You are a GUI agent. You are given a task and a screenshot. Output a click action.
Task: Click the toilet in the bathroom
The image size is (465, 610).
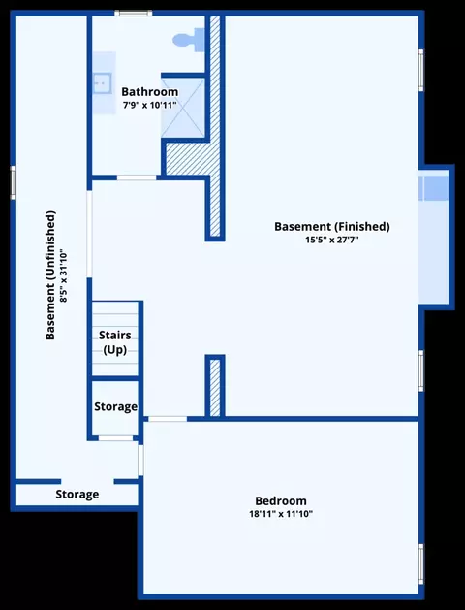click(x=188, y=40)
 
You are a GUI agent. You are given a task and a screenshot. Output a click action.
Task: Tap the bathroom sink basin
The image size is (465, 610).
click(x=102, y=83)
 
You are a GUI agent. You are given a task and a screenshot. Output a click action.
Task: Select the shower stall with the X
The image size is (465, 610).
click(x=183, y=108)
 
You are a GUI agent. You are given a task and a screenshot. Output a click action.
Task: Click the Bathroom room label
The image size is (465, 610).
click(x=150, y=92)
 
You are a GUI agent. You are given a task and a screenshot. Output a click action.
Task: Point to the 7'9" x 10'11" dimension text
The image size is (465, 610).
click(x=150, y=105)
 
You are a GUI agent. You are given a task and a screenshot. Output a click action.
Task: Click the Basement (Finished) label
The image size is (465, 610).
click(x=332, y=226)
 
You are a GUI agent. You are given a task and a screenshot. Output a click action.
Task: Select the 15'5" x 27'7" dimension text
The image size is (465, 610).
click(x=332, y=240)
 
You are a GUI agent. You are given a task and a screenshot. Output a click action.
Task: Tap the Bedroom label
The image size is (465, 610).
click(x=281, y=500)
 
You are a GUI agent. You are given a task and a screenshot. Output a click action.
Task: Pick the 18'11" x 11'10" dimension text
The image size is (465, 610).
click(x=281, y=514)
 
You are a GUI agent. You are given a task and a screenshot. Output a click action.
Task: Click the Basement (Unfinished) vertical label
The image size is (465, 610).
click(x=50, y=275)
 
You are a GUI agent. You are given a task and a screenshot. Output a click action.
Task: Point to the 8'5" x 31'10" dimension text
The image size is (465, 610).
click(x=63, y=276)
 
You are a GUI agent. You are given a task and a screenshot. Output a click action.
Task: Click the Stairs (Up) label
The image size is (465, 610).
click(x=115, y=342)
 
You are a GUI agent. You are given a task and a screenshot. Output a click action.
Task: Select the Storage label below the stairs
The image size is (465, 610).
click(x=115, y=406)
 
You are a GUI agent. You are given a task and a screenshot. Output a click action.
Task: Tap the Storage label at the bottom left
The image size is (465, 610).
click(x=77, y=494)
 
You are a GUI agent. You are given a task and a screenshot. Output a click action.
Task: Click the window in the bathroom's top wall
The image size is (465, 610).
click(x=134, y=14)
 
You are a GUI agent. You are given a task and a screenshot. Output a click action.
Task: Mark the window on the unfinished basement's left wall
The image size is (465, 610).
click(x=13, y=182)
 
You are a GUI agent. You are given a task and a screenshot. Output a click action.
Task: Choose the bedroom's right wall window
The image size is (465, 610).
click(x=421, y=564)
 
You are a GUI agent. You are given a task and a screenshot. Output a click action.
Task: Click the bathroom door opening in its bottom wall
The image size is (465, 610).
click(x=137, y=177)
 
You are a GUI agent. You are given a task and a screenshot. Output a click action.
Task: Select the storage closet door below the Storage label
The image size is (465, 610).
click(x=115, y=438)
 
